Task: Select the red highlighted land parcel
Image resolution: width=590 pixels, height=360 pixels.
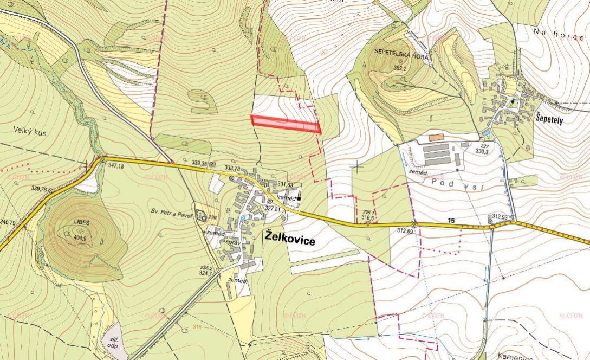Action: click(286, 123)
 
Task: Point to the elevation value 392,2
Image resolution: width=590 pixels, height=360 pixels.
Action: click(400, 68)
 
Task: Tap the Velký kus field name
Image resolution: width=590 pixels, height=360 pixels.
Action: click(28, 130)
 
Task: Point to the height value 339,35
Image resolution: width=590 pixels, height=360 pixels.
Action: click(199, 163)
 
